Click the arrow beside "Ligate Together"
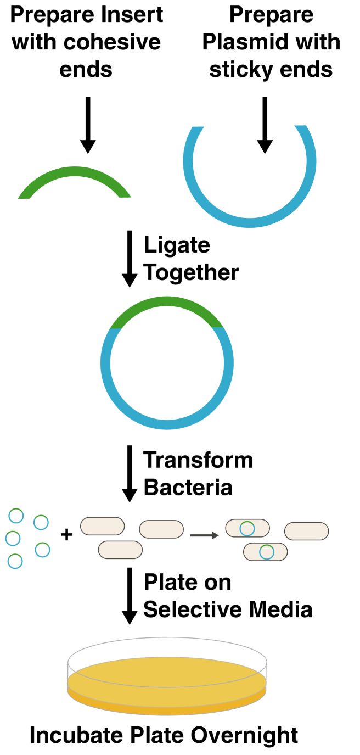[130, 258]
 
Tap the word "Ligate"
[177, 245]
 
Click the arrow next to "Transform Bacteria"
[130, 473]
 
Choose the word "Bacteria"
[188, 487]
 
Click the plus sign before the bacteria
[66, 534]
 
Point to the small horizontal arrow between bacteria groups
[204, 535]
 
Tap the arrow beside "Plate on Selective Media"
[130, 595]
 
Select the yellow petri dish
[167, 681]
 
